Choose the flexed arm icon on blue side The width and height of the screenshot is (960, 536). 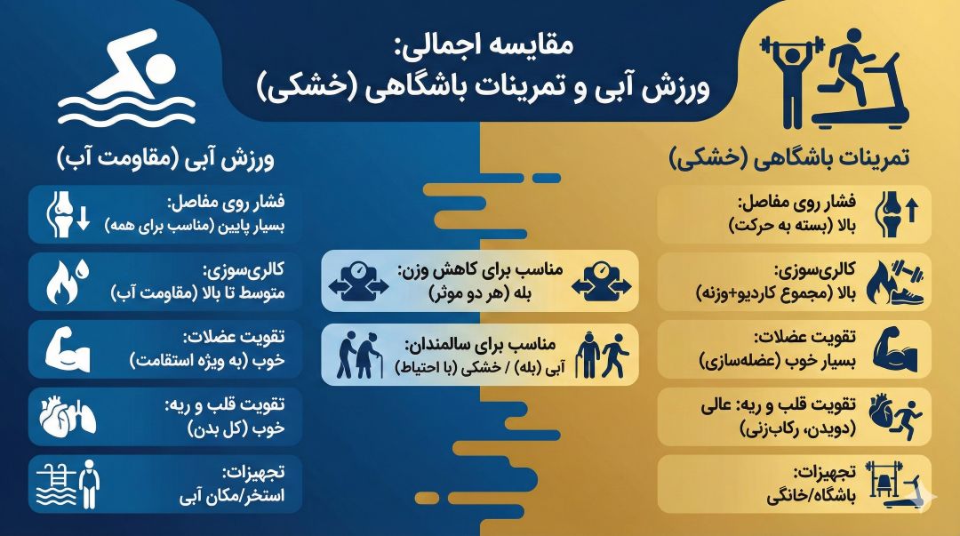pos(68,348)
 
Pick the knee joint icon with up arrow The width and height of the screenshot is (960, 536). pos(895,214)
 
